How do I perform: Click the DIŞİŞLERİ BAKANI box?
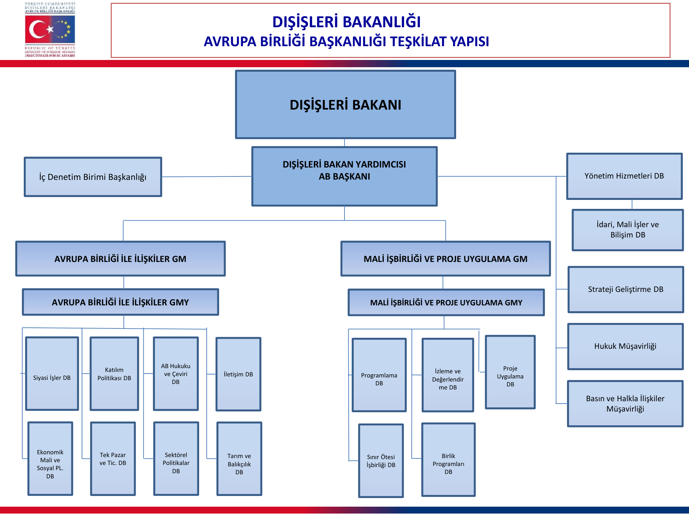point(345,104)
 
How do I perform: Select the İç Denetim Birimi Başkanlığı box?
point(93,177)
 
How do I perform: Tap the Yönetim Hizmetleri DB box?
point(624,176)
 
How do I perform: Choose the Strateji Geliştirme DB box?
point(626,290)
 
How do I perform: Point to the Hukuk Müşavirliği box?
point(625,346)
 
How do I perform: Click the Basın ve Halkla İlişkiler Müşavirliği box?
point(625,404)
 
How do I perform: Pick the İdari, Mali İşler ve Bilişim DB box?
point(628,230)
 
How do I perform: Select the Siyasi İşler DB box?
point(52,374)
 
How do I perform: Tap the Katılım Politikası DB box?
point(114,374)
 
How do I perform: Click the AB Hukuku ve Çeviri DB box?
point(176,374)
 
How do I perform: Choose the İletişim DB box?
point(238,374)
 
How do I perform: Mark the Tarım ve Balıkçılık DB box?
point(239,459)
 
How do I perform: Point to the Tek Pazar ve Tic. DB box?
point(113,459)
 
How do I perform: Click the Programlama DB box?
point(379,375)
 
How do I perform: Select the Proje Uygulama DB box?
point(510,372)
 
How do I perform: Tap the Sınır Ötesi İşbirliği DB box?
point(381,461)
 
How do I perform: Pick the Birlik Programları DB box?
point(448,460)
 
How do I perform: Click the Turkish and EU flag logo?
point(50,29)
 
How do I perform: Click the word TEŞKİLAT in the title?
point(419,42)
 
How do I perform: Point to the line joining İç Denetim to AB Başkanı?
point(207,177)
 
